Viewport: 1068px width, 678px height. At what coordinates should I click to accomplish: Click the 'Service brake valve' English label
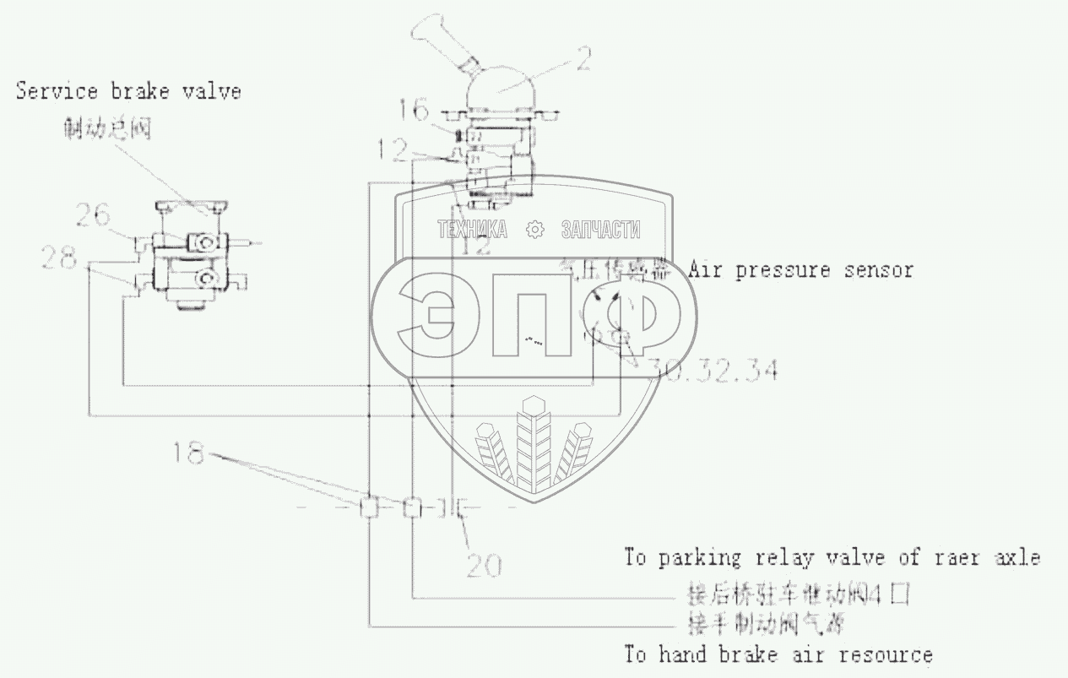(128, 91)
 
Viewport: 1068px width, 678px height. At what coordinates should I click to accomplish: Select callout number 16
(415, 109)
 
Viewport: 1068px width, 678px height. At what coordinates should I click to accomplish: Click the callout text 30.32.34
(711, 370)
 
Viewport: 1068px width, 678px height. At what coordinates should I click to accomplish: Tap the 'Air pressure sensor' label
(800, 270)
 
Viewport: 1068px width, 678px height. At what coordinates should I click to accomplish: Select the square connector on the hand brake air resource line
(370, 508)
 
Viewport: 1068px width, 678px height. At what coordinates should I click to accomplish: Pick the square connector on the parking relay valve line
(411, 508)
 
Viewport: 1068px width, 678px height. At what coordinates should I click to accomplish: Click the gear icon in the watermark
(533, 229)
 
